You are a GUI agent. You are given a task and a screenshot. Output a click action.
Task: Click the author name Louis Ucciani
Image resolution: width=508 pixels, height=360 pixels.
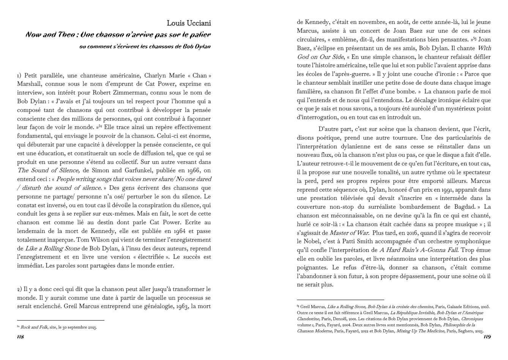(189, 24)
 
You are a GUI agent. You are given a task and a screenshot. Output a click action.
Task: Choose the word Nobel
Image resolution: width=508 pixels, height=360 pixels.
(305, 242)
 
